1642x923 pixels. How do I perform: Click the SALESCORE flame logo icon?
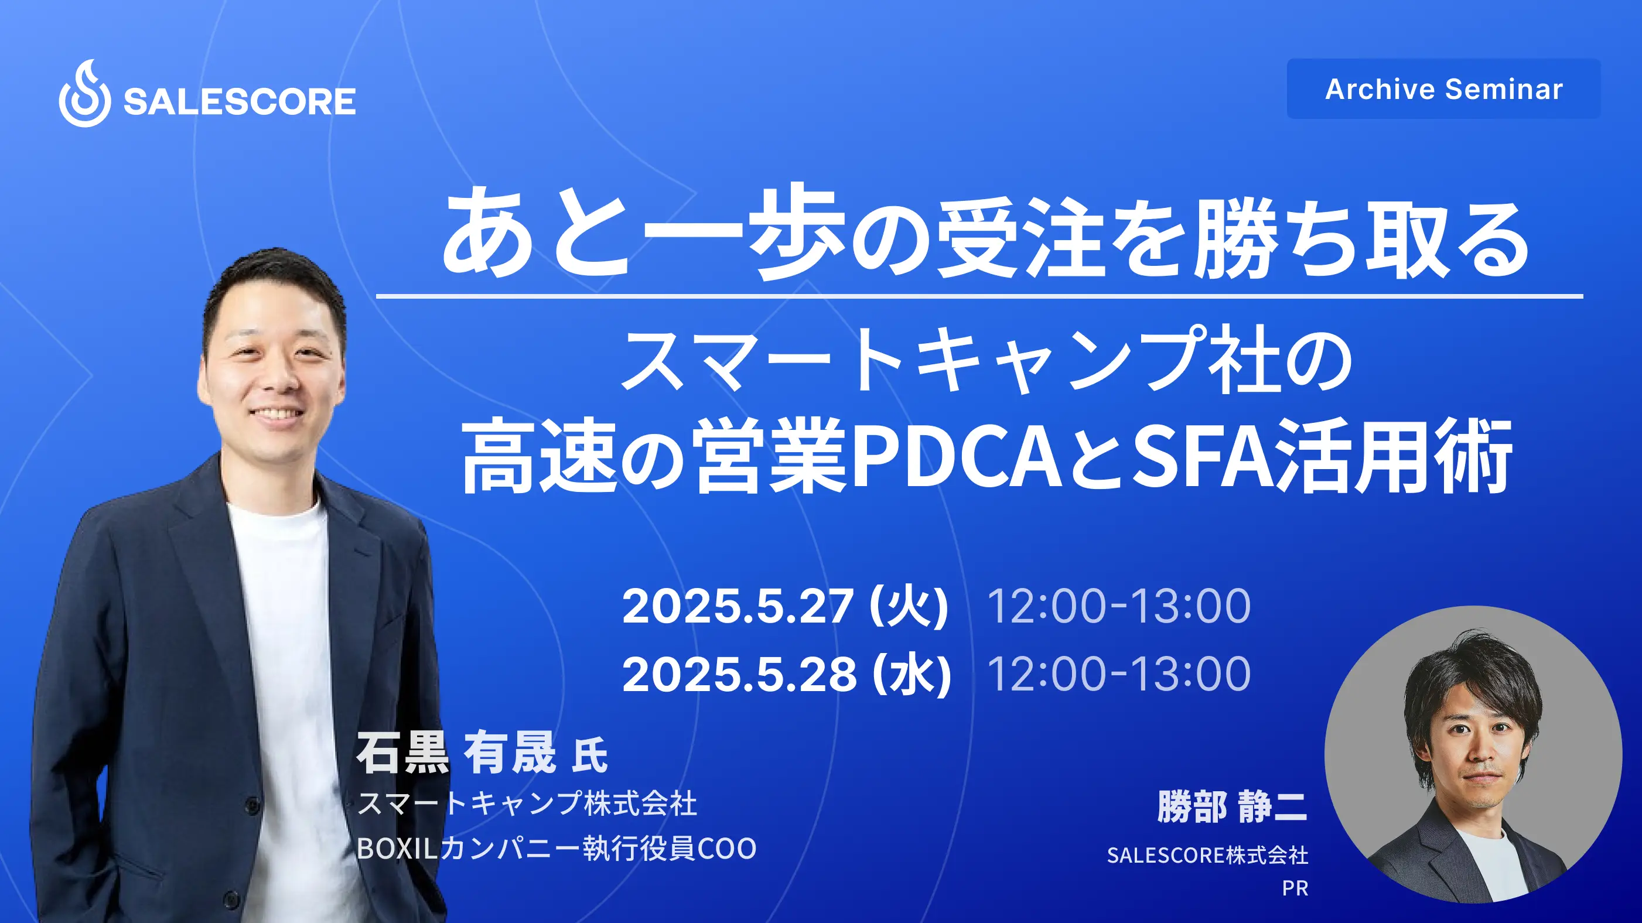[x=85, y=94]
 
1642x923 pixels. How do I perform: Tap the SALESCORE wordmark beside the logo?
[x=239, y=102]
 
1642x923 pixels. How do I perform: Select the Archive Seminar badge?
[x=1443, y=88]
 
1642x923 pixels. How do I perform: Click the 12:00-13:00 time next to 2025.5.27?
[x=1118, y=606]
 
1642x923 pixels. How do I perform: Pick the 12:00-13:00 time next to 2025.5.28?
[x=1118, y=674]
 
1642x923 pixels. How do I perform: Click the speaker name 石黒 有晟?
[x=456, y=753]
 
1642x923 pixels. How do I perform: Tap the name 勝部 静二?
[x=1231, y=806]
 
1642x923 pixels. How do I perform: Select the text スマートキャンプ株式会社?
[x=527, y=803]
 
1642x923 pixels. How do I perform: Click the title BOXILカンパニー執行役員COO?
[x=556, y=849]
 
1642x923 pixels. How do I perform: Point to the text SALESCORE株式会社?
[x=1207, y=856]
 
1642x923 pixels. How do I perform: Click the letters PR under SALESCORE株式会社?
[x=1295, y=888]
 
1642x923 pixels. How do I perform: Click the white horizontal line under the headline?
[x=979, y=296]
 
